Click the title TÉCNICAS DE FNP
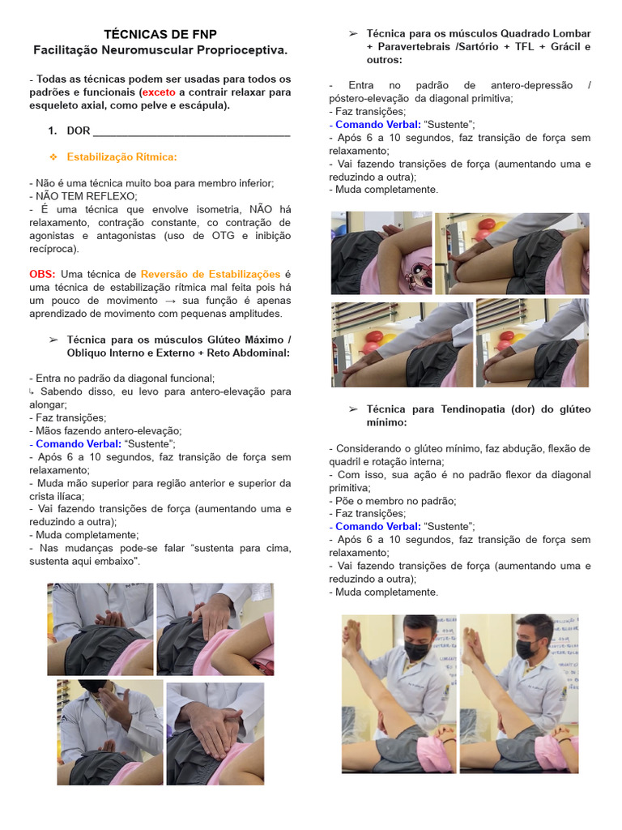coord(160,34)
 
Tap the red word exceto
coord(160,92)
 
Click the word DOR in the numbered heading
coord(79,130)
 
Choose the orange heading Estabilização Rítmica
coord(121,156)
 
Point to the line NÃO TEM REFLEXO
coord(83,196)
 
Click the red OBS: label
coord(43,275)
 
